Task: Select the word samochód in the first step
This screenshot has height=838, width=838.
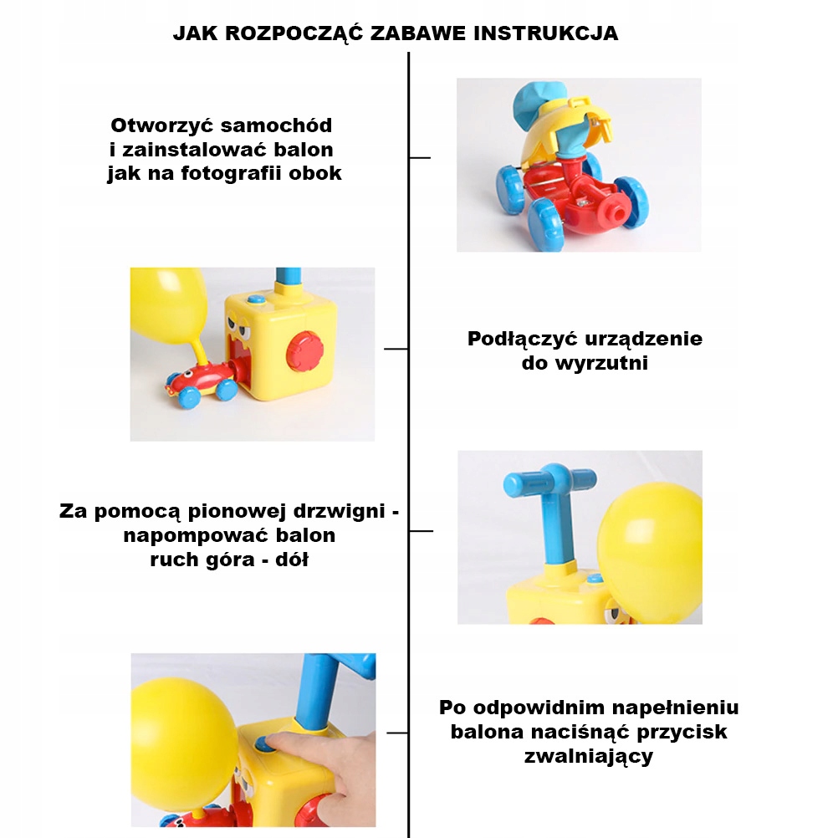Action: [276, 125]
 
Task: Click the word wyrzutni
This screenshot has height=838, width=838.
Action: [602, 363]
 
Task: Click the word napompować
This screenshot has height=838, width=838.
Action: [197, 536]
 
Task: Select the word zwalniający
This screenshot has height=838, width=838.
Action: [589, 757]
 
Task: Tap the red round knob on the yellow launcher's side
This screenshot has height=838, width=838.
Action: [304, 350]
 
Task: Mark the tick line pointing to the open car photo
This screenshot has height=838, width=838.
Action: [420, 158]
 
